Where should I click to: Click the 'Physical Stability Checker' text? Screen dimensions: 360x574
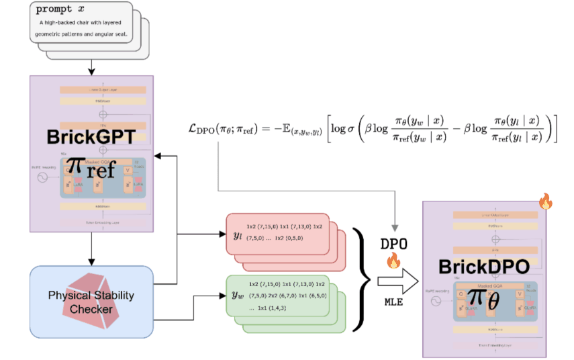pos(91,301)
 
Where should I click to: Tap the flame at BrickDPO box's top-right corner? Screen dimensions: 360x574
pos(545,201)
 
